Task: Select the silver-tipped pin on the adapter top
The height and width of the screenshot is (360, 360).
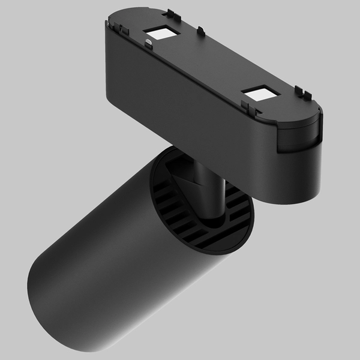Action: pos(147,42)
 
